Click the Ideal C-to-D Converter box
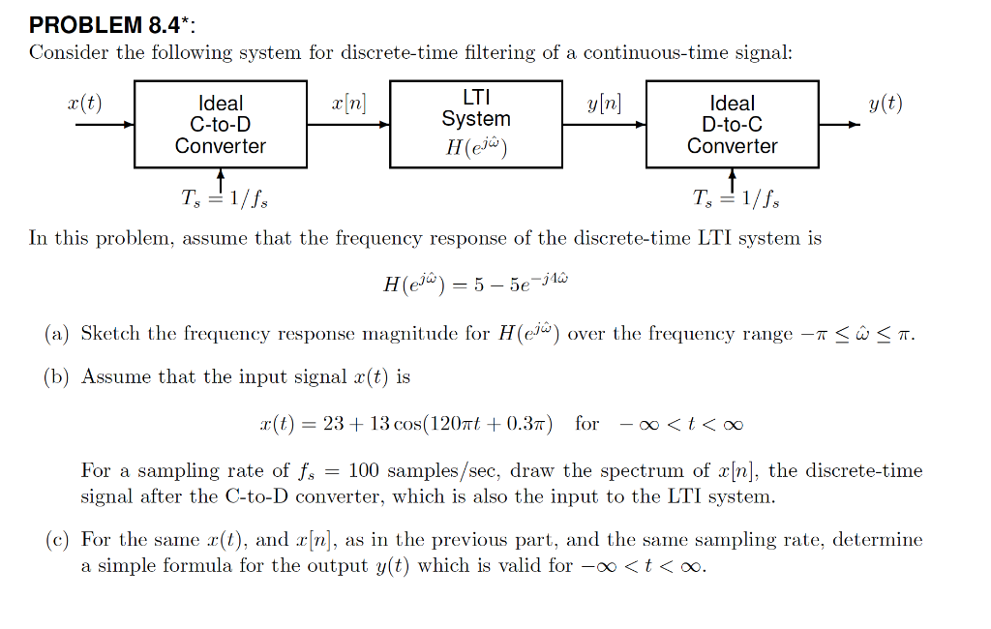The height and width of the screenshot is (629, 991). [221, 124]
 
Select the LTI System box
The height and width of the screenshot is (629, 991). [476, 124]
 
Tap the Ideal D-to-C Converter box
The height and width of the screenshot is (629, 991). [733, 124]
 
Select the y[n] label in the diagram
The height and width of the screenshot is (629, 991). [604, 105]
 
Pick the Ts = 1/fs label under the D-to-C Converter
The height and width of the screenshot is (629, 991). [736, 199]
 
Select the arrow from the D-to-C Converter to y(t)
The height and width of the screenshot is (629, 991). [839, 125]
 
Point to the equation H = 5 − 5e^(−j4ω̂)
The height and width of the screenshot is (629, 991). [476, 285]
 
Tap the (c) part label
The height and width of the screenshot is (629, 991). [56, 539]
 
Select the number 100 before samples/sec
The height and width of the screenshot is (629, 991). [364, 471]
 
